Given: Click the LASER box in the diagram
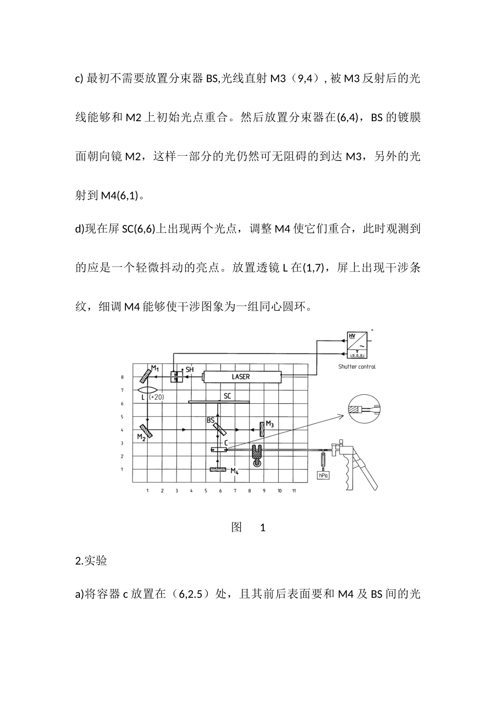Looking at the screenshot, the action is pyautogui.click(x=241, y=377).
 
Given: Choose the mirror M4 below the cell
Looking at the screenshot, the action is pyautogui.click(x=221, y=470).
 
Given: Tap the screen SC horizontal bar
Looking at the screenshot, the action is pyautogui.click(x=219, y=402).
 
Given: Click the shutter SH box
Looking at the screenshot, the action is pyautogui.click(x=176, y=377).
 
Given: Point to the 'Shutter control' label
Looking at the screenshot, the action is pyautogui.click(x=357, y=367).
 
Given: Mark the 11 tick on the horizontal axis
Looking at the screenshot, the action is pyautogui.click(x=294, y=491).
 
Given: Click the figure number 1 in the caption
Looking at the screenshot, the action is pyautogui.click(x=263, y=528).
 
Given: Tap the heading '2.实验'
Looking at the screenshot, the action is pyautogui.click(x=91, y=561).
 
